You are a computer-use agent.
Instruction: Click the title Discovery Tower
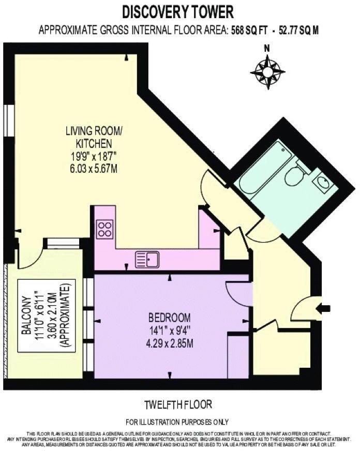(177, 11)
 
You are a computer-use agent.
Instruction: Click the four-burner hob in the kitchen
(105, 229)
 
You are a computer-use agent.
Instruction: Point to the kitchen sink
(147, 259)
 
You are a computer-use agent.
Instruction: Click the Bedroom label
(170, 318)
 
